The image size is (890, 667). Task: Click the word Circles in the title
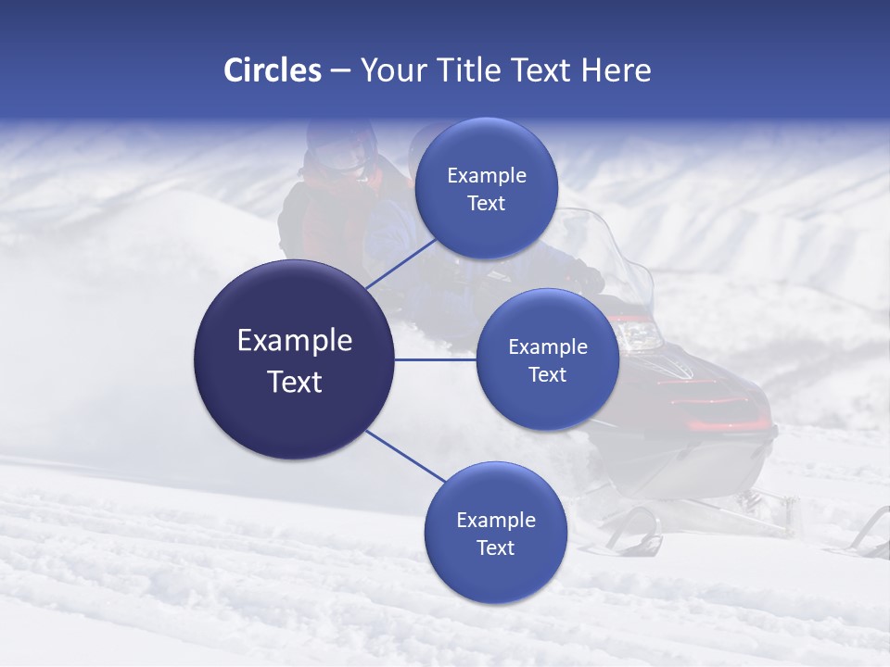tap(273, 70)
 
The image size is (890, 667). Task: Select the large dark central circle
tap(294, 359)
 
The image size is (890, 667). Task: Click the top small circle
tap(486, 188)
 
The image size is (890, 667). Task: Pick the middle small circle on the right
tap(547, 359)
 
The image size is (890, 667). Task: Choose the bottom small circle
tap(495, 533)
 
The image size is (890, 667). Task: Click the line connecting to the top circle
tap(401, 262)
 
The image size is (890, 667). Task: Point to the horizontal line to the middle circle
tap(436, 359)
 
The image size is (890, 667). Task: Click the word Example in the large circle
tap(295, 341)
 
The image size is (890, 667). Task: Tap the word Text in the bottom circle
tap(495, 548)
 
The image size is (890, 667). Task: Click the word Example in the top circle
tap(486, 176)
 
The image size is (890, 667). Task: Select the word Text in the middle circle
tap(547, 374)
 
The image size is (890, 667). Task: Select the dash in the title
tap(340, 70)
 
